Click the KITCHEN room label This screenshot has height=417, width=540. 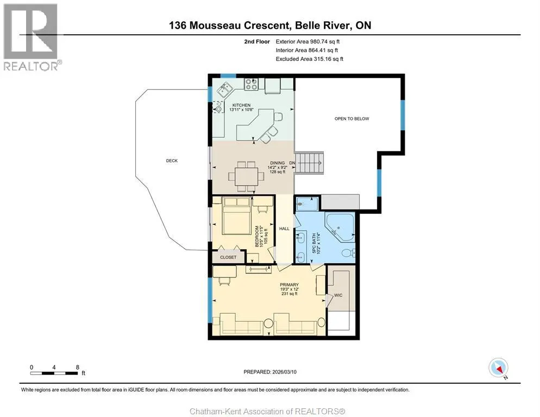(x=241, y=105)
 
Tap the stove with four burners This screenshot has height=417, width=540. (x=251, y=84)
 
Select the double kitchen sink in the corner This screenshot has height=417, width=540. (x=225, y=90)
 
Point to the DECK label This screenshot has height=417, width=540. (x=172, y=161)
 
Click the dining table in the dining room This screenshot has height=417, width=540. (x=246, y=177)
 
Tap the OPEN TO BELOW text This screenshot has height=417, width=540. (x=351, y=118)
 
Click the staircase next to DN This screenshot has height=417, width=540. (x=310, y=163)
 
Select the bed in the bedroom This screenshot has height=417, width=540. (x=237, y=216)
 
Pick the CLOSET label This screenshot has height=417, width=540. (x=228, y=257)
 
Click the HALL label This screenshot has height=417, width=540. (x=285, y=228)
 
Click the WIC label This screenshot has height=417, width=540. (x=338, y=295)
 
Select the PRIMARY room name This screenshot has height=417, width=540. (x=289, y=285)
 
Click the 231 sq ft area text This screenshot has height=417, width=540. (x=289, y=294)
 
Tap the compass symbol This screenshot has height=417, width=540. (x=498, y=368)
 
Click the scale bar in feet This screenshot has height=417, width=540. (x=54, y=373)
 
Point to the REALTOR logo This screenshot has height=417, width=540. (x=31, y=37)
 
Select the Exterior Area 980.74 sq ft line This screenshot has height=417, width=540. (x=307, y=42)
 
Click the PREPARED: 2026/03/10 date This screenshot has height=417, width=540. (x=270, y=372)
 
